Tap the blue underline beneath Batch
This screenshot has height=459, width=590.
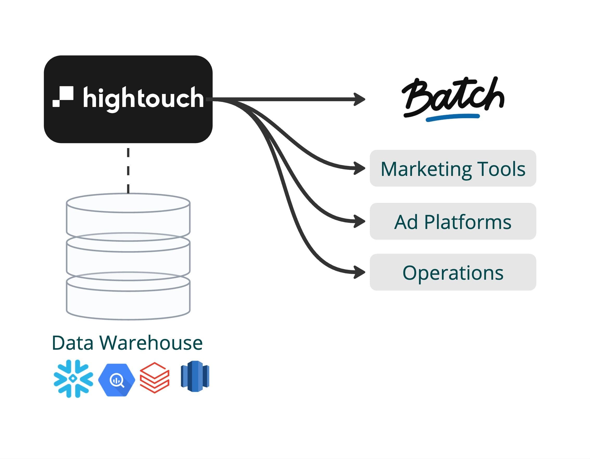453,117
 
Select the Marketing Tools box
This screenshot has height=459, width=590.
453,168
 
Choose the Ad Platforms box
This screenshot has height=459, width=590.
453,221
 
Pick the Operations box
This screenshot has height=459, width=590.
453,272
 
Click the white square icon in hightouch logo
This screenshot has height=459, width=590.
63,97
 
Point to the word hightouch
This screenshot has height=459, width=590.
143,98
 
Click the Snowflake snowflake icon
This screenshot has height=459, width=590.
73,379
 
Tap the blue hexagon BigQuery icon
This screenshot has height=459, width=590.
116,380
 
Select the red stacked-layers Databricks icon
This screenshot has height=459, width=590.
155,378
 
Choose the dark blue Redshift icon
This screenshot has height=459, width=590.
195,376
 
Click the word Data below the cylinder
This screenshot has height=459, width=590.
72,343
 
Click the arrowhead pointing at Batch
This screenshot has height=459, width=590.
360,99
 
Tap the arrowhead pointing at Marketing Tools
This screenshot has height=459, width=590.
360,168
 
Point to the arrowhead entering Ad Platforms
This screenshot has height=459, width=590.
360,221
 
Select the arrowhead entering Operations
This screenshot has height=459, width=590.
360,272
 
